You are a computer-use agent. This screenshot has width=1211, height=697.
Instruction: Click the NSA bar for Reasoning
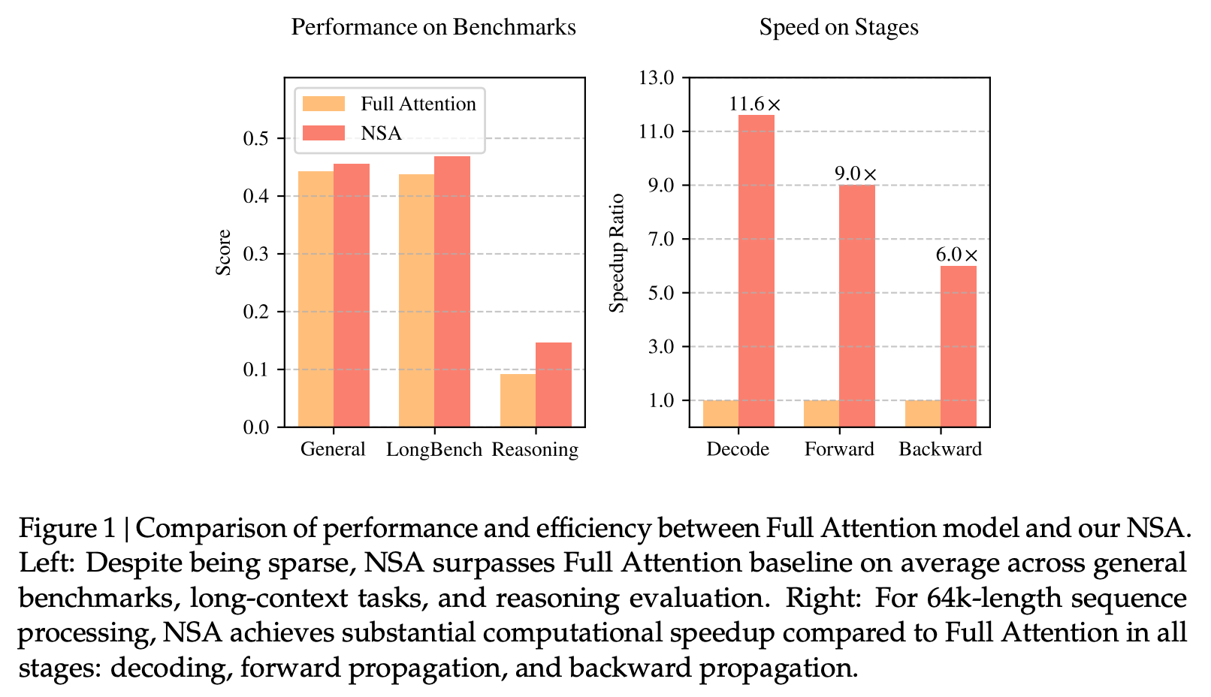(x=554, y=385)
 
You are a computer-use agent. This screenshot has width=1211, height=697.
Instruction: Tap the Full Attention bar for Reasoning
(x=518, y=400)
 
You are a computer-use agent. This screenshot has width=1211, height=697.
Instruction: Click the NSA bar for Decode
(x=756, y=270)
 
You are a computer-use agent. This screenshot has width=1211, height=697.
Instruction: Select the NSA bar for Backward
(x=959, y=346)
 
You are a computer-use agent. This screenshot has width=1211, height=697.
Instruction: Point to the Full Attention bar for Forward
(x=821, y=413)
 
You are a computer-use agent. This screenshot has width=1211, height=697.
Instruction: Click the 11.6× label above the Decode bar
(x=755, y=104)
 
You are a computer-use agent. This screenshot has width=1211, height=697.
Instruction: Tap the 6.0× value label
(x=957, y=255)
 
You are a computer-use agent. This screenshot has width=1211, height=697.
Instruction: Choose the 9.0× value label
(x=856, y=174)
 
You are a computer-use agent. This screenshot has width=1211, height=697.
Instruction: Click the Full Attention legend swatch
(x=324, y=104)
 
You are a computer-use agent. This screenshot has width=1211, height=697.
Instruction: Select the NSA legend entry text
(x=381, y=133)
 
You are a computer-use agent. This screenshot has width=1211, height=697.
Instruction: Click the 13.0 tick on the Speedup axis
(x=656, y=77)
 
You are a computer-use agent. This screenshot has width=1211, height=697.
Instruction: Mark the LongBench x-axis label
(x=434, y=449)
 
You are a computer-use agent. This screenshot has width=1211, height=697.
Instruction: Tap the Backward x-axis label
(x=940, y=449)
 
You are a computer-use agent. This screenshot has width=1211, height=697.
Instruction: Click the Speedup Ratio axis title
(x=618, y=253)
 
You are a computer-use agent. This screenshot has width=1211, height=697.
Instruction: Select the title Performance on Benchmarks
(x=433, y=28)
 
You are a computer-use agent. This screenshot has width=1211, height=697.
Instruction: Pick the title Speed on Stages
(x=838, y=28)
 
